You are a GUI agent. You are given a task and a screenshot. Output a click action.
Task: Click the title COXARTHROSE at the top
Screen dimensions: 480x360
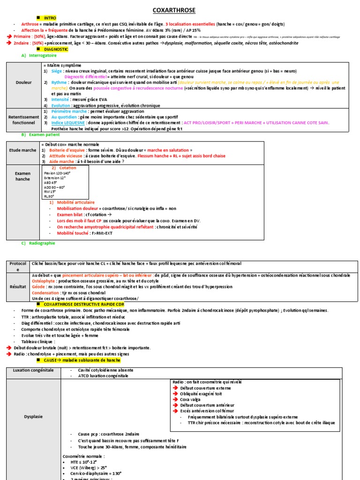[x=174, y=10]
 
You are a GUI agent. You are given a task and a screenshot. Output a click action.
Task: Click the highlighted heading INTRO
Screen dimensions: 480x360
[x=50, y=17]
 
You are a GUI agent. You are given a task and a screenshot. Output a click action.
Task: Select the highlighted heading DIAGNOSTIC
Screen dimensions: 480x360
[x=56, y=49]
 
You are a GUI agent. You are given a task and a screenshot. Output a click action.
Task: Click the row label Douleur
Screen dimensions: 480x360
[x=23, y=82]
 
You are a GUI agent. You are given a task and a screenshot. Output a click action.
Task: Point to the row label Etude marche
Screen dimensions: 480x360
[x=22, y=150]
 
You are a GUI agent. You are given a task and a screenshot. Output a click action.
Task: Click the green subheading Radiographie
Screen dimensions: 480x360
[x=42, y=243]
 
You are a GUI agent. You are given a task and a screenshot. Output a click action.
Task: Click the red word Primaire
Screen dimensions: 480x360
[x=24, y=36]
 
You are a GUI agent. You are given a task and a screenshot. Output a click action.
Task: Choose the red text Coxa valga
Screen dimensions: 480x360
[x=191, y=399]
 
